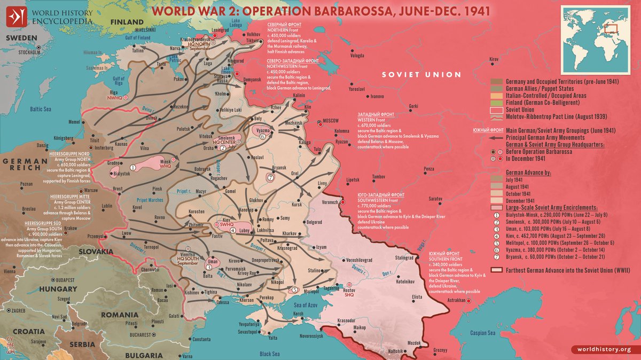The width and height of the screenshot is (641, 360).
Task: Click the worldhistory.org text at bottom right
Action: pos(604,349)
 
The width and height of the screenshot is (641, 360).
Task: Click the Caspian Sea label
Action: pos(483,333)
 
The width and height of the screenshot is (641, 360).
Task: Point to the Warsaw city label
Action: pos(91,190)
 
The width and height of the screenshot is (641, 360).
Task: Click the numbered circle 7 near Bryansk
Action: pos(271,178)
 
